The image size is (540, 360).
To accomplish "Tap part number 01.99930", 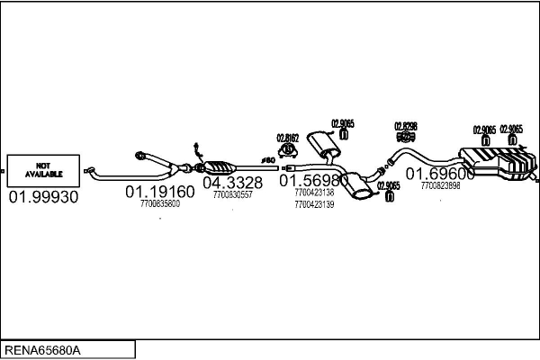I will pyautogui.click(x=43, y=195).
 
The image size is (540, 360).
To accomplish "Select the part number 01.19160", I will pyautogui.click(x=159, y=192).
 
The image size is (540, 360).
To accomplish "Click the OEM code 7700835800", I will pyautogui.click(x=159, y=203).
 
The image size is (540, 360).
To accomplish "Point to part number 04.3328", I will pyautogui.click(x=232, y=183).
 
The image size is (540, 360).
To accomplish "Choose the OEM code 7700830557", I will pyautogui.click(x=232, y=194).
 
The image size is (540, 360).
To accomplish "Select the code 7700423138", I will pyautogui.click(x=313, y=193).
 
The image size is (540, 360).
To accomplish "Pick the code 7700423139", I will pyautogui.click(x=313, y=204).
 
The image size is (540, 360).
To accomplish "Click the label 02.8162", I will pyautogui.click(x=287, y=139).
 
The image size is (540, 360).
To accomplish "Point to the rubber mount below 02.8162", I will pyautogui.click(x=289, y=150).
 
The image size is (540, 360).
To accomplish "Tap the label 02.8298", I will pyautogui.click(x=405, y=126).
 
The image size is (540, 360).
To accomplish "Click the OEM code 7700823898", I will pyautogui.click(x=440, y=185).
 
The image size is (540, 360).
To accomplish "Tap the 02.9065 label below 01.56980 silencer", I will pyautogui.click(x=388, y=185).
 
